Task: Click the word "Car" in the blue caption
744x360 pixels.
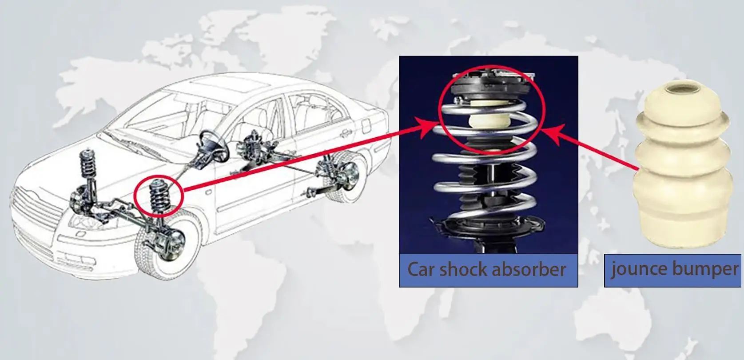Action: point(421,269)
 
